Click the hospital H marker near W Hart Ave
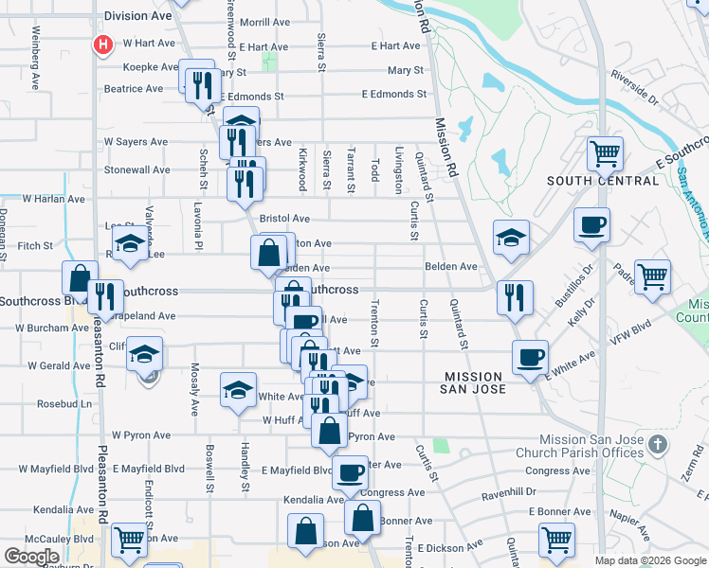click(x=101, y=44)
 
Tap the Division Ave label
click(x=138, y=16)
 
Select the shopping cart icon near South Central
click(x=605, y=151)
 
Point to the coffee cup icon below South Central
click(x=592, y=225)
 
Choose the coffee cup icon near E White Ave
click(x=530, y=357)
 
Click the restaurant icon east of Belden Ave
click(x=516, y=296)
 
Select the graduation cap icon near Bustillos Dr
click(x=511, y=237)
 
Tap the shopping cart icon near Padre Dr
click(x=652, y=276)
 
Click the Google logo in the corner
click(x=31, y=557)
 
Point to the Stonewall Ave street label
click(x=136, y=170)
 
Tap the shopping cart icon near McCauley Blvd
click(x=129, y=540)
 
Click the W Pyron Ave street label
click(x=141, y=435)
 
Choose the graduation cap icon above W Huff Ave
click(x=238, y=388)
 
